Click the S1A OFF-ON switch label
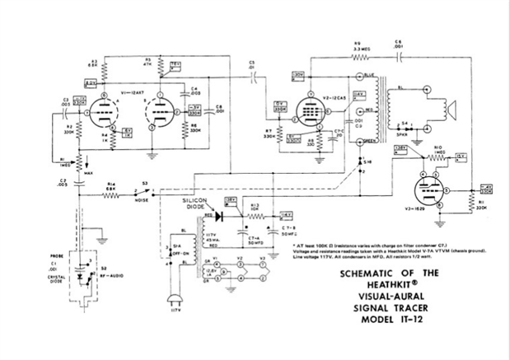(196, 246)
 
